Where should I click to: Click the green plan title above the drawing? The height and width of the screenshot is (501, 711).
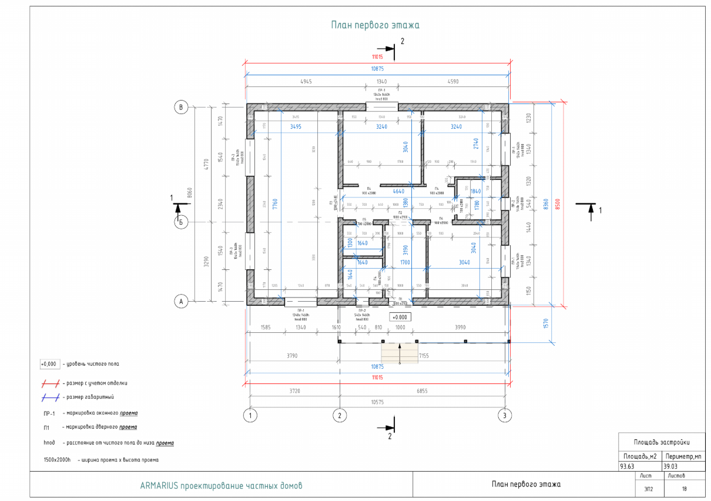(375, 25)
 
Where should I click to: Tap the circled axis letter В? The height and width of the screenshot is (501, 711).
(182, 107)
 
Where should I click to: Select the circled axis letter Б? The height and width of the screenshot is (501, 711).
(182, 222)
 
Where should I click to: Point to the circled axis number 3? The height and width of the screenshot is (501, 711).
(505, 415)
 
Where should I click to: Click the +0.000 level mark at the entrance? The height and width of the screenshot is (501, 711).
(403, 316)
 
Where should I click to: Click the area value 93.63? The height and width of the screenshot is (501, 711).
(628, 467)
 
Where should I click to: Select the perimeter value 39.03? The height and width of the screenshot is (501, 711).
(670, 467)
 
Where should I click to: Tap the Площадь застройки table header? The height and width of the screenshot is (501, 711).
(661, 442)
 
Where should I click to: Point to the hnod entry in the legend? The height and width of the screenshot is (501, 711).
(49, 443)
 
